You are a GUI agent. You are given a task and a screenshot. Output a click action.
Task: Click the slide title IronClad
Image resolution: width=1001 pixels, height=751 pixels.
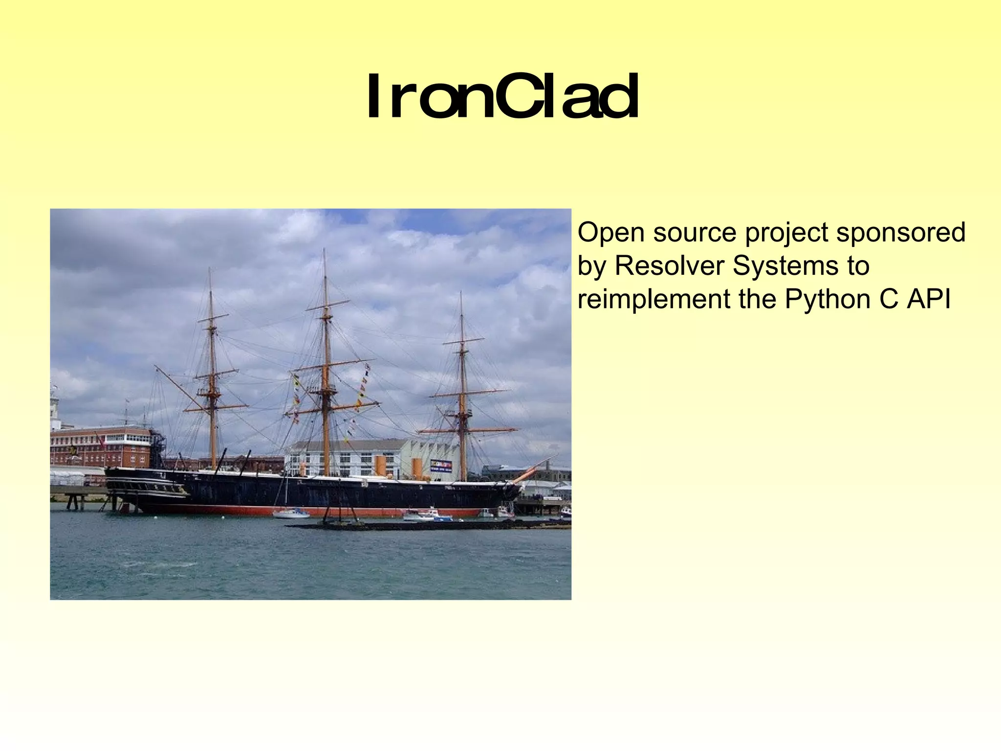[502, 97]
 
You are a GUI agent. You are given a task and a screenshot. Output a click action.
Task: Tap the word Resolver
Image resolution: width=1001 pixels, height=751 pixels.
[668, 265]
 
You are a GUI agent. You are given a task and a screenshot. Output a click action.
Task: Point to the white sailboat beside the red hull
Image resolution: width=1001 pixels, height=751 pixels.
[291, 513]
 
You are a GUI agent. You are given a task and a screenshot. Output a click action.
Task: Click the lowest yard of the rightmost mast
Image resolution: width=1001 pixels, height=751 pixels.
[468, 430]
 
